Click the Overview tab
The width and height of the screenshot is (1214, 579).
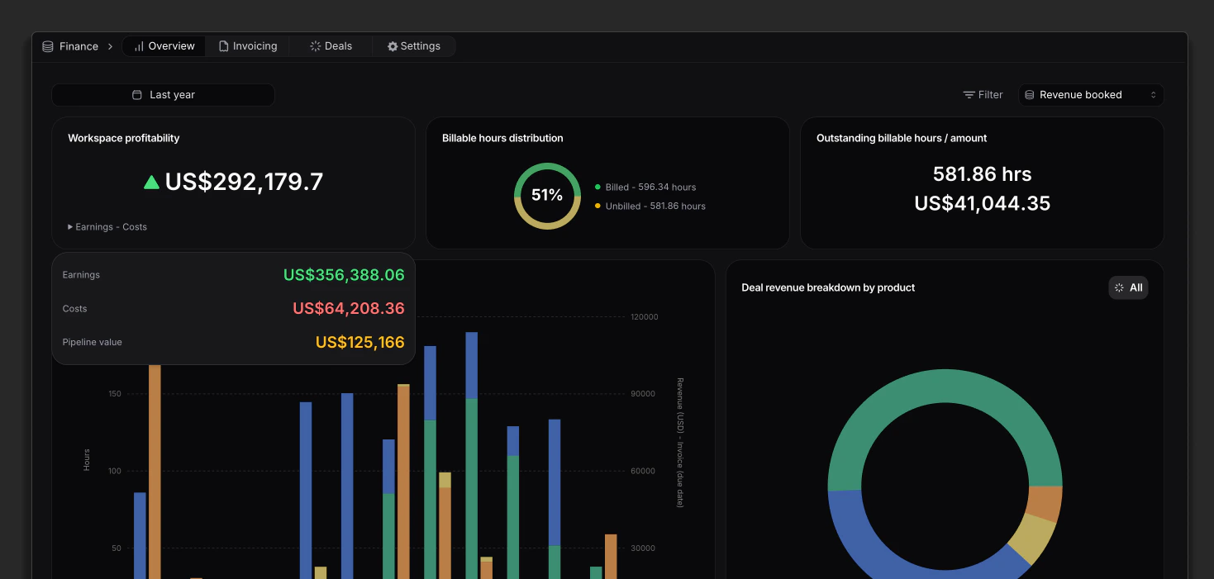(x=164, y=46)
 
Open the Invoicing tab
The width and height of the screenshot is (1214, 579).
(x=248, y=46)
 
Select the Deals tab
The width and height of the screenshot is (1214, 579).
(x=331, y=46)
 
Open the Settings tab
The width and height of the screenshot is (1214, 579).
(x=414, y=46)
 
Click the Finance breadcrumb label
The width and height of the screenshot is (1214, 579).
(x=79, y=46)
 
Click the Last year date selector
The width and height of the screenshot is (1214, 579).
(x=163, y=95)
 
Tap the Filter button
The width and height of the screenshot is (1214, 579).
(x=983, y=95)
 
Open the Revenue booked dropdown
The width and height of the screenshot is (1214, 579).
(x=1091, y=95)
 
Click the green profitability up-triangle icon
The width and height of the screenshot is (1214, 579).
(x=151, y=182)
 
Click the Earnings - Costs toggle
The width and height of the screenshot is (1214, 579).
(x=107, y=227)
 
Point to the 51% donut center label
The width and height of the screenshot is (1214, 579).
(x=547, y=196)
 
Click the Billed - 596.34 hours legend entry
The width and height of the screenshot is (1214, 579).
(x=650, y=187)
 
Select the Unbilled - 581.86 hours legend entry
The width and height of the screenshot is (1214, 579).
(x=655, y=206)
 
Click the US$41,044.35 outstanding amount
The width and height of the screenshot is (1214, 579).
(x=982, y=204)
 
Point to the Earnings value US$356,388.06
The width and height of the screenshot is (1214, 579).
(x=344, y=275)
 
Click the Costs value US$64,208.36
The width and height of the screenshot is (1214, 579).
(x=348, y=309)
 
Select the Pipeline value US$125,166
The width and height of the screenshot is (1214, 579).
(x=359, y=342)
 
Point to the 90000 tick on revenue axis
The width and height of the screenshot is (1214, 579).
(x=643, y=394)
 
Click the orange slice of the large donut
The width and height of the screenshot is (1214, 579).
(x=1045, y=503)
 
